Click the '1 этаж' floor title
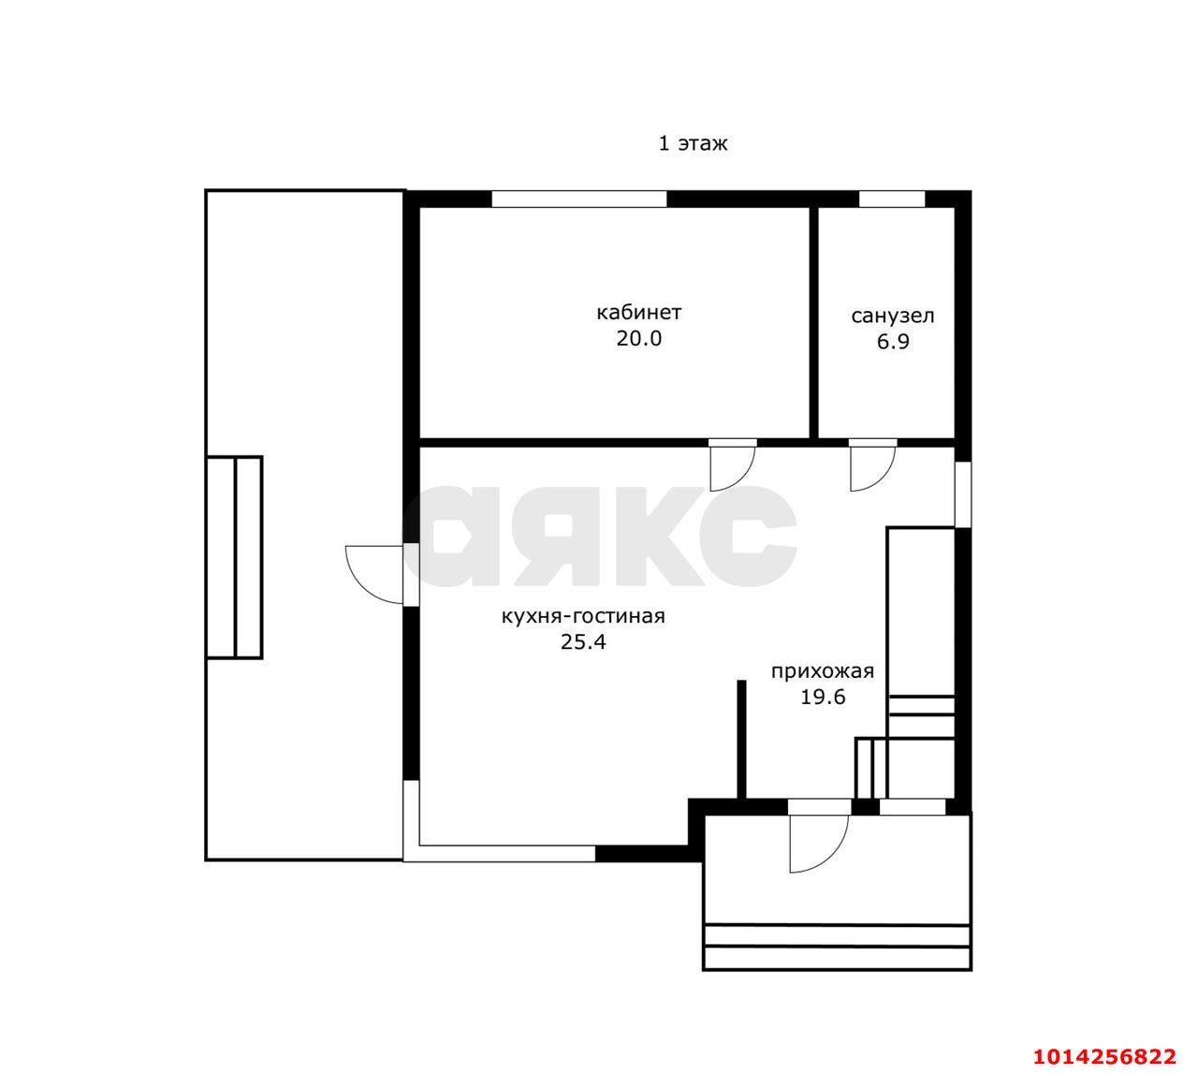[693, 144]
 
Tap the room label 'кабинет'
[638, 312]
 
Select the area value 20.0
[638, 338]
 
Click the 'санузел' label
[893, 316]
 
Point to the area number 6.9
[893, 342]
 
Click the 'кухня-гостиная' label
[583, 616]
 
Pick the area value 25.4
[583, 642]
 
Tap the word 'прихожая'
[823, 671]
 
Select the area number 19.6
[823, 697]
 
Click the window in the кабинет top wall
[579, 199]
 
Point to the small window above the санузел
[892, 199]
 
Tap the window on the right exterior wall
[963, 494]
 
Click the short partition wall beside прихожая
[741, 740]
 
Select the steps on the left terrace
[235, 557]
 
